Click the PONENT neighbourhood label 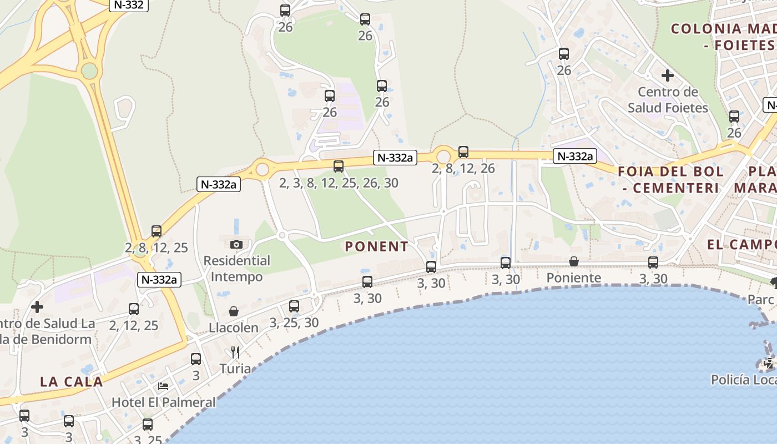(376, 246)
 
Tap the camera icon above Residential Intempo (236, 244)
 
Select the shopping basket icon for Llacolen (234, 312)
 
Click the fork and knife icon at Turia (235, 352)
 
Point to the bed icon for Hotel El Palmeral (163, 386)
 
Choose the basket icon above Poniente (574, 261)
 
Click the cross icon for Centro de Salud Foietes (668, 75)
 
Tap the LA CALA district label (72, 382)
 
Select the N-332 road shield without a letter (129, 6)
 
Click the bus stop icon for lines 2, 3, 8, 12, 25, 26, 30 (339, 166)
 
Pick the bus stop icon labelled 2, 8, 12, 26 (463, 152)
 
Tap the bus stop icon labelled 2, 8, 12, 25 (157, 231)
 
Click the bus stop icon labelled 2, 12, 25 (134, 309)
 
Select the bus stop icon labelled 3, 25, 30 (294, 306)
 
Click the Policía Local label (744, 380)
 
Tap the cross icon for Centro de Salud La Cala (37, 306)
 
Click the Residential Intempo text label (237, 268)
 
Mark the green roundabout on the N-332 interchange (89, 70)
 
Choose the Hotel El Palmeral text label (164, 402)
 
